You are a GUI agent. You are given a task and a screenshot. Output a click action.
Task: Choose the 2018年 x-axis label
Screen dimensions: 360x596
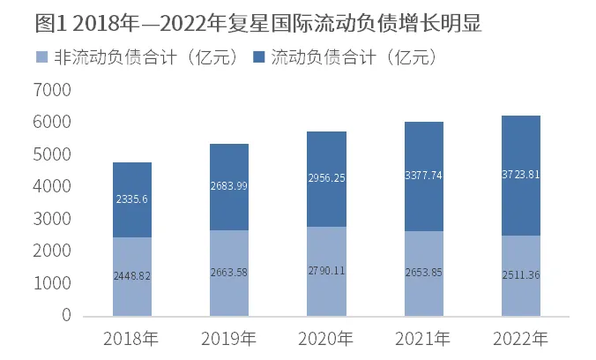(x=131, y=339)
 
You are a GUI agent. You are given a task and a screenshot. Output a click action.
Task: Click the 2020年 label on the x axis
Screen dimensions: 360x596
(x=325, y=339)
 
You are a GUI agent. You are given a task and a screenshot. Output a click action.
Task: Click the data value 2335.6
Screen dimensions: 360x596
(x=131, y=199)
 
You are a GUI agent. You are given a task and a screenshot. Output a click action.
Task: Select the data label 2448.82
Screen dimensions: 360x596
(x=131, y=276)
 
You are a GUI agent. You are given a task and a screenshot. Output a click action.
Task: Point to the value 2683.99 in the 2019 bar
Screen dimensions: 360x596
(x=228, y=186)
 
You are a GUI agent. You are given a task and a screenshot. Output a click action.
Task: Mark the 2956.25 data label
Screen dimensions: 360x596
(x=325, y=178)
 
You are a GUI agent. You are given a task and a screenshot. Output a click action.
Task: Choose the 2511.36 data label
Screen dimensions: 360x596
(x=519, y=274)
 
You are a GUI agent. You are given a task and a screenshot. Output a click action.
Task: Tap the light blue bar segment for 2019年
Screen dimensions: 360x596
(x=228, y=296)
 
